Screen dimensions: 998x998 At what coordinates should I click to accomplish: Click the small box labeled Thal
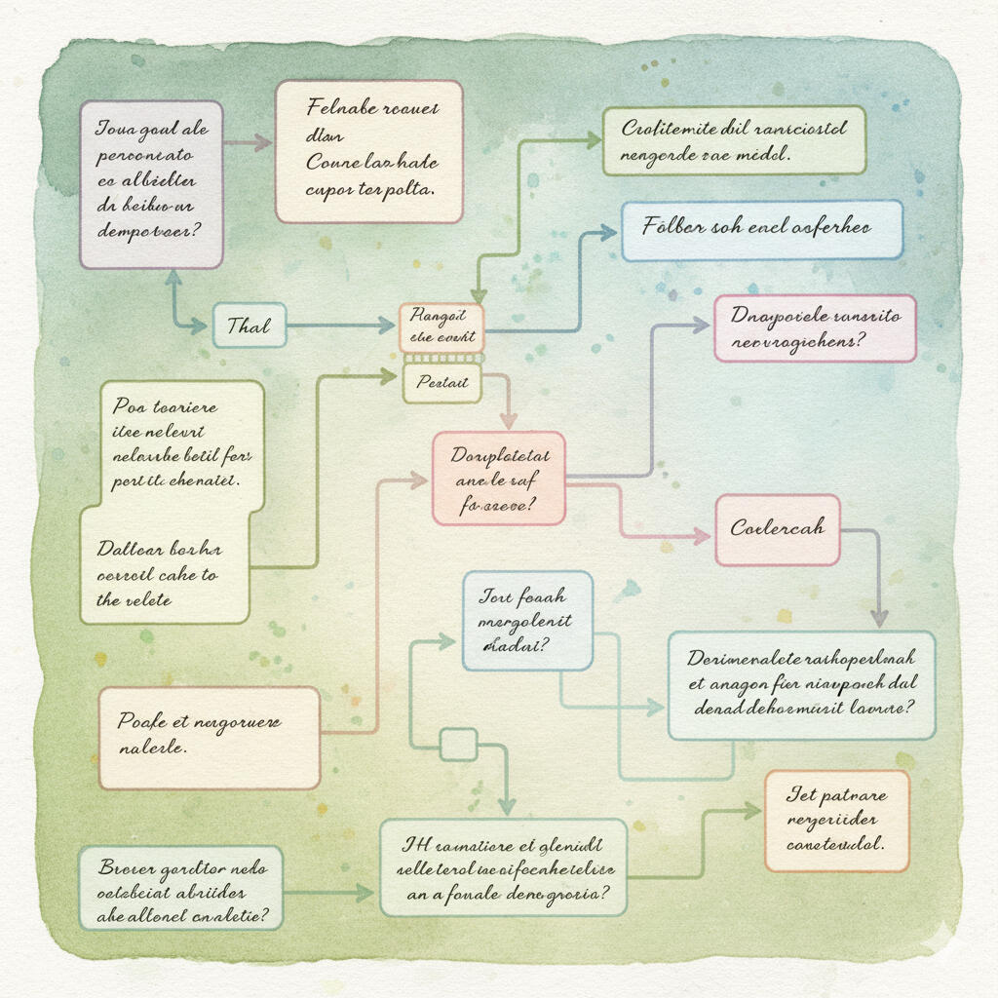coord(249,326)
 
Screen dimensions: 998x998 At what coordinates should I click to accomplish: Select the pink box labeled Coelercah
coord(777,529)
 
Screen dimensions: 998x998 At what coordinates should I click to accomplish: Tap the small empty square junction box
coord(458,745)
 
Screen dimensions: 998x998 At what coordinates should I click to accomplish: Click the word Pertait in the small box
coord(441,383)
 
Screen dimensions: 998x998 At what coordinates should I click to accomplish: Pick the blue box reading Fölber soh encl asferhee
coord(761,230)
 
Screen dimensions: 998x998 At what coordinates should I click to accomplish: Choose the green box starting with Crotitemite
coord(733,140)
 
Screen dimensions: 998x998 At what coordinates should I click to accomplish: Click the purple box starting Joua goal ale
coord(151,184)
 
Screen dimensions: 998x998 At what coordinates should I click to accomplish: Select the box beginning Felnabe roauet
coord(368,151)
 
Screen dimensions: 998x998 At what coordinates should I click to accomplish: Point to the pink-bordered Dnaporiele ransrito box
coord(815,328)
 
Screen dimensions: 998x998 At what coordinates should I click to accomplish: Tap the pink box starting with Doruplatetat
coord(498,480)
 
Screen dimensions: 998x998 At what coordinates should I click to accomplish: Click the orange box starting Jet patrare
coord(836,820)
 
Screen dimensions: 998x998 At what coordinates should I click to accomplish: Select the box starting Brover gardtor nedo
coord(180,887)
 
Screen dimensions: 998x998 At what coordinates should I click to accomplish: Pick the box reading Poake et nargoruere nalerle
coord(209,737)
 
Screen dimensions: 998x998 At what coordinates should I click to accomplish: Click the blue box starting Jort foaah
coord(526,621)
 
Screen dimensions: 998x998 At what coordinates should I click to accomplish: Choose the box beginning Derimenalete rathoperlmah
coord(800,684)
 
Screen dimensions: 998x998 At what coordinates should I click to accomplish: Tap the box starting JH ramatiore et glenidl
coord(502,866)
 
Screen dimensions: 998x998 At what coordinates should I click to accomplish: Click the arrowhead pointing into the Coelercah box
coord(702,535)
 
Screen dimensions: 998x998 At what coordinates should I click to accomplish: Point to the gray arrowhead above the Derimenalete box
coord(879,617)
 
